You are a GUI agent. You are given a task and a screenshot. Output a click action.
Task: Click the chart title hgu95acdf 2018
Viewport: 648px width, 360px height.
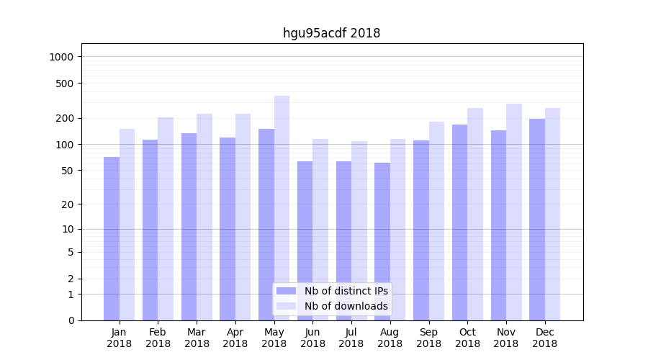[x=331, y=33]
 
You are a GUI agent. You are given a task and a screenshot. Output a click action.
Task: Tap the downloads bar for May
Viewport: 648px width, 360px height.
[x=282, y=208]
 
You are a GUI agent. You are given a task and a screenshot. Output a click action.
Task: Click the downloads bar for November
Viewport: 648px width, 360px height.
[x=514, y=212]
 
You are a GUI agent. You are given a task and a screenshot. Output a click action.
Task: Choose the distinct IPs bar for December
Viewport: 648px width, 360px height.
[x=537, y=220]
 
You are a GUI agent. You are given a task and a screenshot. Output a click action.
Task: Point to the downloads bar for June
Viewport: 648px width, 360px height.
[x=320, y=230]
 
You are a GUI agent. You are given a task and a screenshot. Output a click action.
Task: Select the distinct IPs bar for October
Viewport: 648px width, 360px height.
[x=460, y=222]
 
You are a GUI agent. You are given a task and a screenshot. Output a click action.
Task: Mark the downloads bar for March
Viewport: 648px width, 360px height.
[x=204, y=217]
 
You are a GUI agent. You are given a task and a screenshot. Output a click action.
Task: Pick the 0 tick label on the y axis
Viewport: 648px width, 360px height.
[x=71, y=320]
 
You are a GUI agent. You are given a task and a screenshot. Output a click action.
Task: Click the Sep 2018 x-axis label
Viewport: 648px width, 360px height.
[x=428, y=338]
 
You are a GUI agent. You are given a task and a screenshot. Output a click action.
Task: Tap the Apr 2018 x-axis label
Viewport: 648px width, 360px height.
[x=235, y=338]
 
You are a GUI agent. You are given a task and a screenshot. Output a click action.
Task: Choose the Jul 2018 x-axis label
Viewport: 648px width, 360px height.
[x=351, y=338]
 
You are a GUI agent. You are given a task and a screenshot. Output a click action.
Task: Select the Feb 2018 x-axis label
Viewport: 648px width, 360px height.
[x=158, y=338]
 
